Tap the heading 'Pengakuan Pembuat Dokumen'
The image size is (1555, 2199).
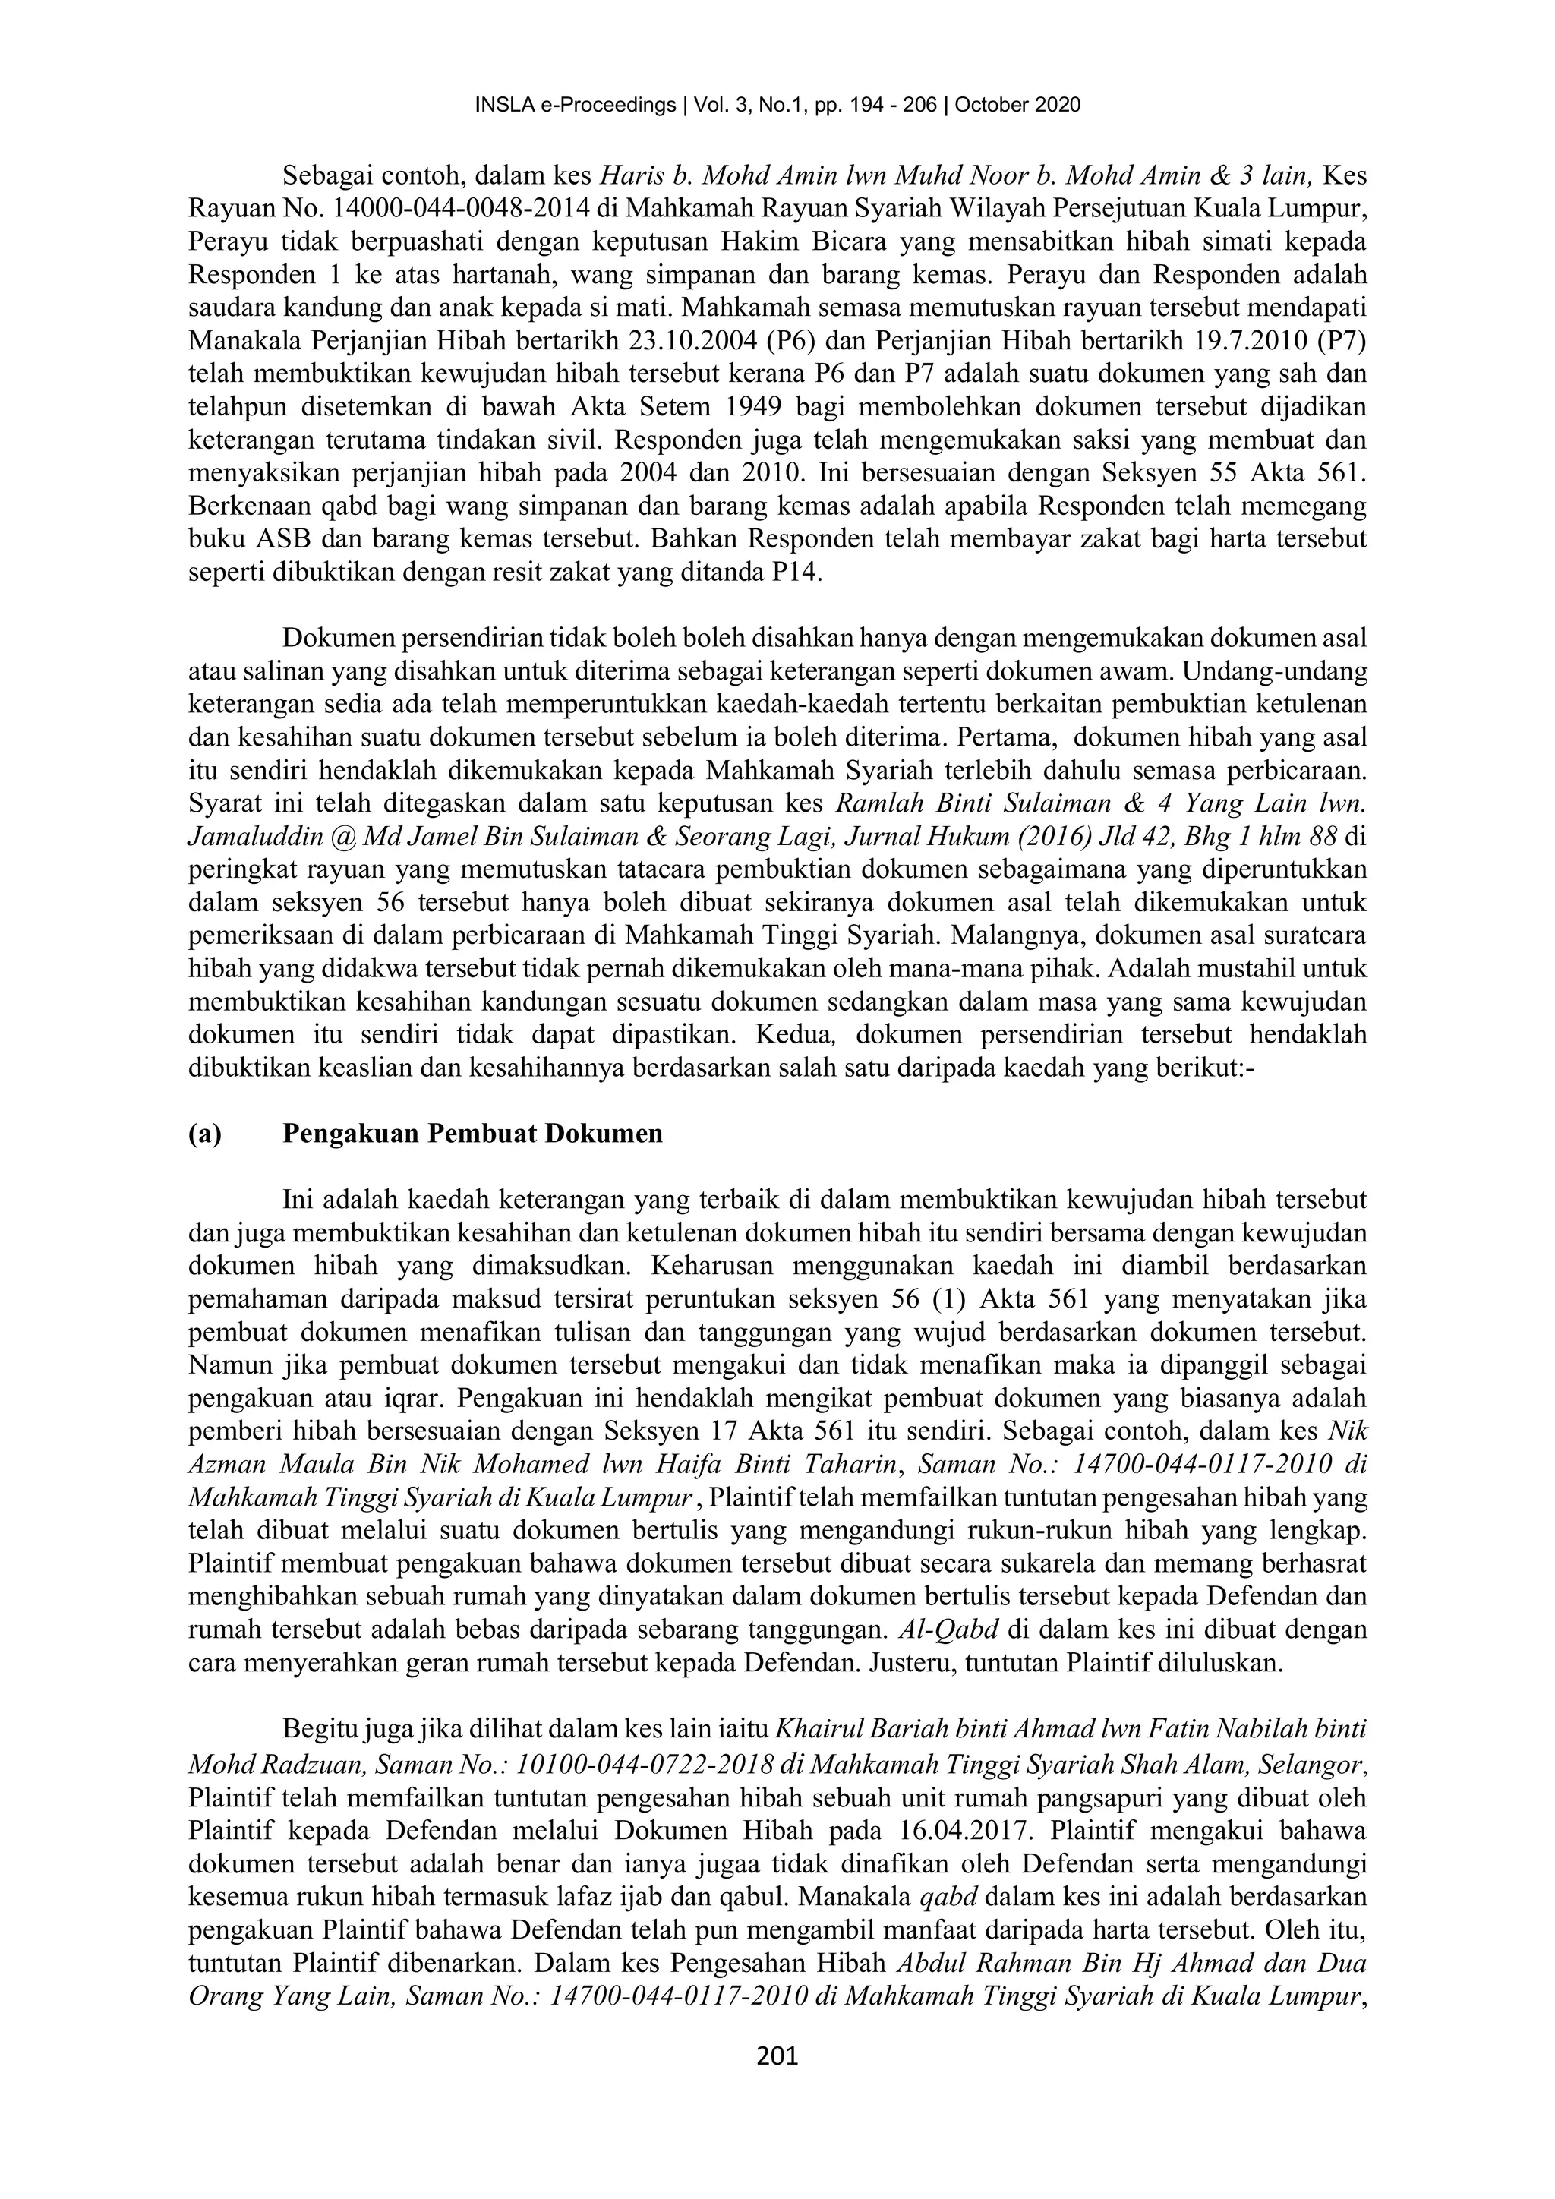point(473,1134)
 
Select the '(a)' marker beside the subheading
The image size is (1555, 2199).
point(205,1134)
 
